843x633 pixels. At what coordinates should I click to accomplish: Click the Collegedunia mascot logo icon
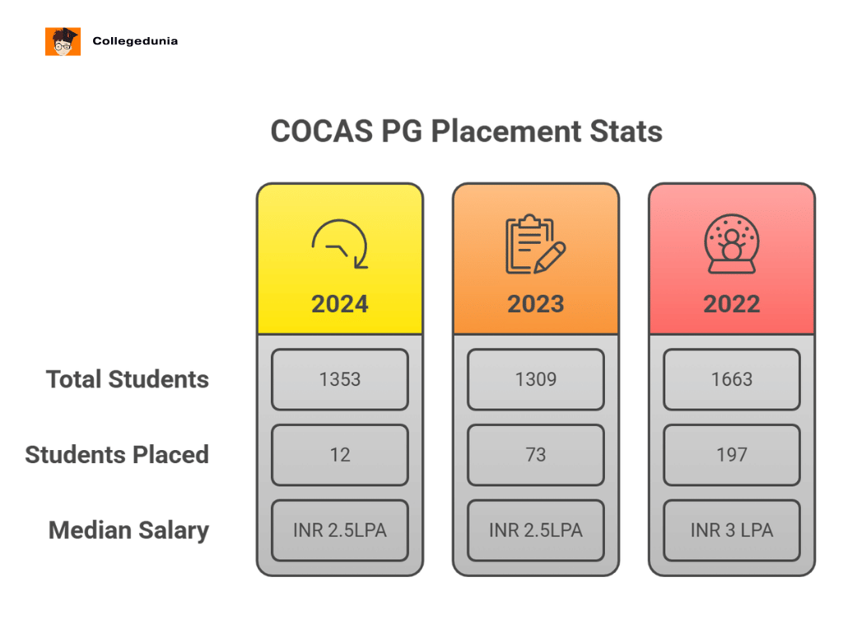point(63,41)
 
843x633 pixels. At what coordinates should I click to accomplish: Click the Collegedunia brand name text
point(135,40)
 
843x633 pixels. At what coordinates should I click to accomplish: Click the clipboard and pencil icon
point(535,245)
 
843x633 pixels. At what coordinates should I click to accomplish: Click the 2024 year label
point(340,303)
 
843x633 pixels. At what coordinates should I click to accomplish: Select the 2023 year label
point(536,303)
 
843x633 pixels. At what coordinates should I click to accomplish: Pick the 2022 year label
point(732,303)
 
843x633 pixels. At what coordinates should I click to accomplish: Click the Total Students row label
point(128,379)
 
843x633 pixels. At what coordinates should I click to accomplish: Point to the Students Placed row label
point(117,455)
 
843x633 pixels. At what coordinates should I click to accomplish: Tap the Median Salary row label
point(128,530)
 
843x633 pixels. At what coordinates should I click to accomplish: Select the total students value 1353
point(340,379)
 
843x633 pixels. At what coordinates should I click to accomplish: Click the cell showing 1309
point(536,379)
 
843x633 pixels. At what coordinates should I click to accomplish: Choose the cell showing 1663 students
point(732,379)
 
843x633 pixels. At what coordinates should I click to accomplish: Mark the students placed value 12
point(340,455)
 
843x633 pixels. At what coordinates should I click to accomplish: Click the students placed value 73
point(536,455)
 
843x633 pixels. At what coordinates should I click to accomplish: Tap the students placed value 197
point(732,455)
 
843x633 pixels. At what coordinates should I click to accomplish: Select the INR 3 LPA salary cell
point(732,530)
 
